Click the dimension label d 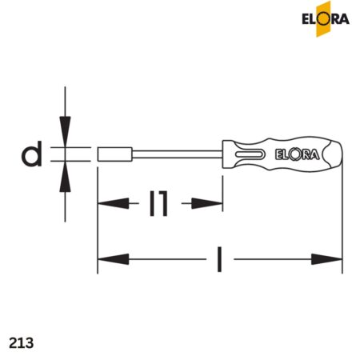[32, 154]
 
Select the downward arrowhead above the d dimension [66, 128]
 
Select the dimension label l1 [159, 204]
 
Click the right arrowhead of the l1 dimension [211, 204]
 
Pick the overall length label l [219, 258]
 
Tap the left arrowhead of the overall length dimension [112, 258]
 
